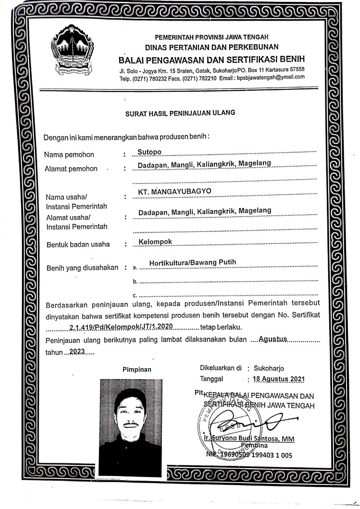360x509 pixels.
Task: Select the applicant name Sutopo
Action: click(x=150, y=152)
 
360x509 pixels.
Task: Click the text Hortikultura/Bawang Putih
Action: click(x=193, y=262)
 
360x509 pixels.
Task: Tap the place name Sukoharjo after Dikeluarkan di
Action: click(x=272, y=369)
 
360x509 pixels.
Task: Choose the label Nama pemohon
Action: click(x=69, y=155)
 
